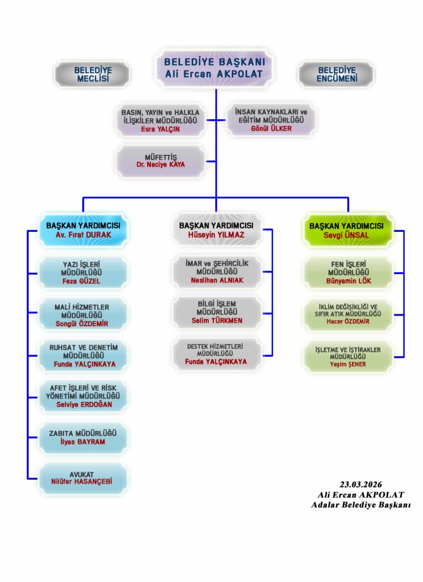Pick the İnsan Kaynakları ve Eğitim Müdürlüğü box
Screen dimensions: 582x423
click(x=271, y=120)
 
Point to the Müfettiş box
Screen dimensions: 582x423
click(x=161, y=161)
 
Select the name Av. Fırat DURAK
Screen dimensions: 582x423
click(x=83, y=234)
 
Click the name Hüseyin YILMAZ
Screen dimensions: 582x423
click(x=216, y=234)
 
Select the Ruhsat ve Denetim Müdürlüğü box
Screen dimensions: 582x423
click(x=83, y=355)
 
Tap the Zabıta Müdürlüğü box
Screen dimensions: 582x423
click(x=83, y=437)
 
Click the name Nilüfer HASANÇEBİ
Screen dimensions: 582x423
click(x=83, y=482)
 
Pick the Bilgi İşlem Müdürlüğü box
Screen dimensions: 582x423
click(x=216, y=312)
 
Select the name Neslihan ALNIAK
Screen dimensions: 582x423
click(x=216, y=280)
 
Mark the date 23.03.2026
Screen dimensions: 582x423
click(x=360, y=484)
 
